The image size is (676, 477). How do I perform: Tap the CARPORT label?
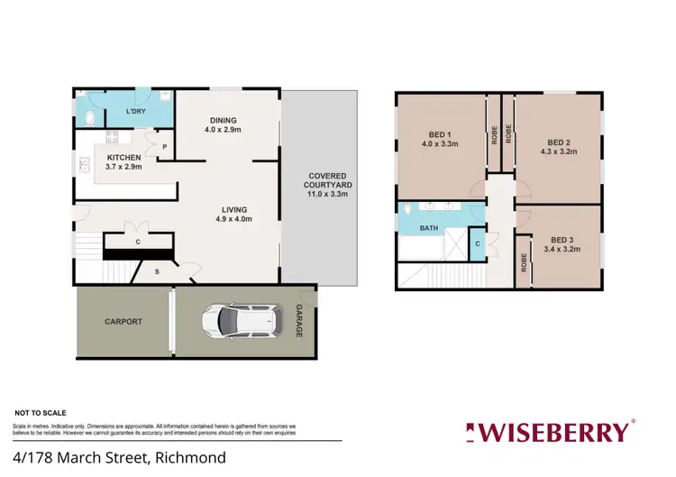[x=123, y=321]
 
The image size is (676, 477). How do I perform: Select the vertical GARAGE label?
[x=300, y=322]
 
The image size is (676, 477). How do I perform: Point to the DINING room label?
[x=223, y=120]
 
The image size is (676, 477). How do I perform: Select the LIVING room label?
[x=233, y=209]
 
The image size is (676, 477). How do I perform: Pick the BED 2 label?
[x=559, y=142]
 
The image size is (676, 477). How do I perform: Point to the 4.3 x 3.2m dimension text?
[x=559, y=152]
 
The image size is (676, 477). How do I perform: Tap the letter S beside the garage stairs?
[x=157, y=271]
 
